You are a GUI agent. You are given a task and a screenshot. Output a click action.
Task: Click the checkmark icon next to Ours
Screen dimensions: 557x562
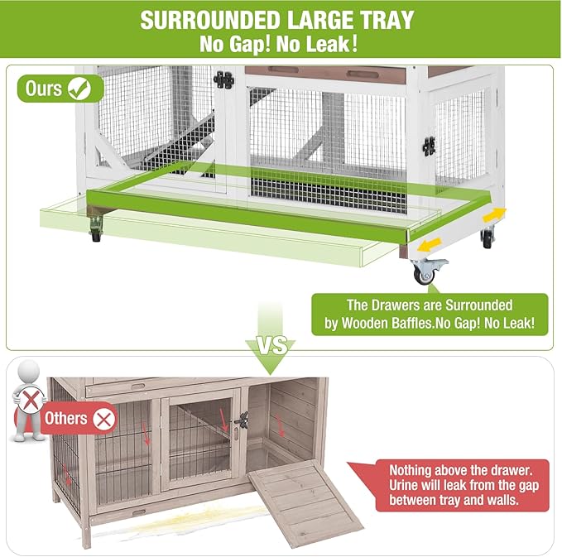point(81,89)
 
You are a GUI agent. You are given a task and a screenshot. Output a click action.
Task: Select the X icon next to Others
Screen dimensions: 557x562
point(103,418)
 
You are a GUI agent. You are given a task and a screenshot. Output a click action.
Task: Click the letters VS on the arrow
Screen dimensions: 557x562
point(274,342)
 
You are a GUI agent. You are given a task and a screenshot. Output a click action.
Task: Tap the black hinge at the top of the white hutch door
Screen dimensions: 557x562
point(223,80)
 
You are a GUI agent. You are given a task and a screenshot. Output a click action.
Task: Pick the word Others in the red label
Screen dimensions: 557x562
point(66,418)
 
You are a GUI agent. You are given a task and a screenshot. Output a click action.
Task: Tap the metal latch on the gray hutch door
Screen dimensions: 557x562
point(241,421)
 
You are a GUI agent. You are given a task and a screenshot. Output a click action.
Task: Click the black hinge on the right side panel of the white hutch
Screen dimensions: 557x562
point(429,146)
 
